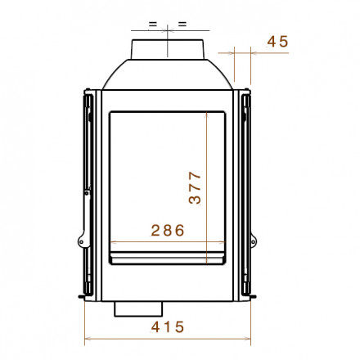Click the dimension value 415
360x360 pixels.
(x=168, y=326)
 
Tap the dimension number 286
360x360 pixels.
(x=168, y=230)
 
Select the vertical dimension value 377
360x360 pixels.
(x=195, y=187)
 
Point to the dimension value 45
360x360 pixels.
(x=277, y=42)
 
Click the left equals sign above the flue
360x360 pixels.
(x=153, y=24)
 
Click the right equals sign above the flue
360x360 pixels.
(x=182, y=24)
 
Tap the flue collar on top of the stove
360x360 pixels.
(x=168, y=49)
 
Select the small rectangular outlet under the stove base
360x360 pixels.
(x=138, y=308)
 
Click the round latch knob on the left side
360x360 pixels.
(x=81, y=241)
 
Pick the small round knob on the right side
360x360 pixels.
(x=254, y=241)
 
